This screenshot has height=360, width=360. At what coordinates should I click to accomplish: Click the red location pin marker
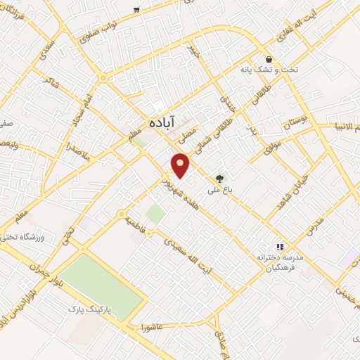(x=181, y=165)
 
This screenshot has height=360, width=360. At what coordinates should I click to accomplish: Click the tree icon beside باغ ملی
(x=219, y=179)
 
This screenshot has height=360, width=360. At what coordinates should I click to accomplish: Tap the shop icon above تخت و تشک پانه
(x=268, y=59)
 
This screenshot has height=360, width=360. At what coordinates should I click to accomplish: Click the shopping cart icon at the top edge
(x=136, y=11)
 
